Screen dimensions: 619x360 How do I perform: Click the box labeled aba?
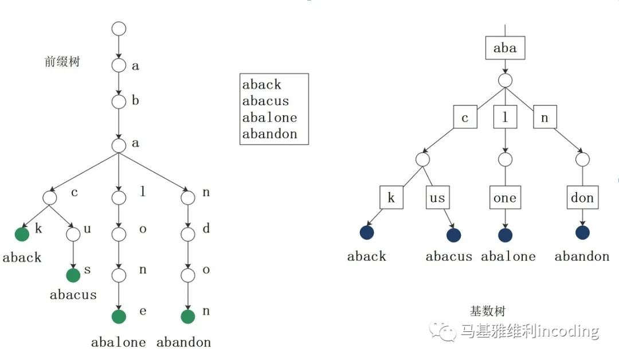click(505, 48)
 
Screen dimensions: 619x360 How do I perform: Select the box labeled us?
click(437, 198)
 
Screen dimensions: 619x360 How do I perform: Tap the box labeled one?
click(505, 198)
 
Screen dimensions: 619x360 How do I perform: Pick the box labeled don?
click(582, 198)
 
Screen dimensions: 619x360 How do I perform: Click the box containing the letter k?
click(391, 198)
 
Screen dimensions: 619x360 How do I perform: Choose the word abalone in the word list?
click(270, 118)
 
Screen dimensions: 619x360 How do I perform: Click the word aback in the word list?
click(262, 85)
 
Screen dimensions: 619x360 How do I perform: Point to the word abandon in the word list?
click(270, 134)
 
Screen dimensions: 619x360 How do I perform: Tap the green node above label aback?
click(22, 234)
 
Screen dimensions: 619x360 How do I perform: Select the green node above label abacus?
click(73, 276)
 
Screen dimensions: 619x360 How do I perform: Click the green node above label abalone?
click(119, 316)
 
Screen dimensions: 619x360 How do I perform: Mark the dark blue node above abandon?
click(582, 233)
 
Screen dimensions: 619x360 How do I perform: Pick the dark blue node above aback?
click(367, 233)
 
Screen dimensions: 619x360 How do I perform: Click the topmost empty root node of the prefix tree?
click(119, 28)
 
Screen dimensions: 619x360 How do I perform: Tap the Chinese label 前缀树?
click(62, 62)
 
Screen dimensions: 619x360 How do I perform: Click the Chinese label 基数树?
click(488, 312)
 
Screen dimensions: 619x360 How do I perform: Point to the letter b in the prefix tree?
click(136, 101)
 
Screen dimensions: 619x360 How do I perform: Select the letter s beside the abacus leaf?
click(88, 270)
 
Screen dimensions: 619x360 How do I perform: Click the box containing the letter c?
click(465, 118)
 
